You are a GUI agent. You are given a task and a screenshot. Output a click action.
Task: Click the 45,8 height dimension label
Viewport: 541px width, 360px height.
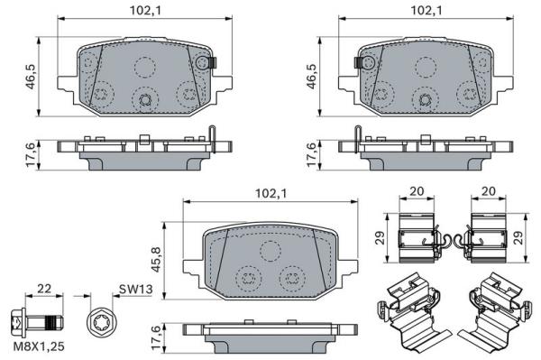(157, 259)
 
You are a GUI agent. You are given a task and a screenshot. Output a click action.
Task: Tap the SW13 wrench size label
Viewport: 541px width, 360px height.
(135, 290)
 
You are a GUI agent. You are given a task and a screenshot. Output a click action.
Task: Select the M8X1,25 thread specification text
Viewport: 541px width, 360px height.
(39, 346)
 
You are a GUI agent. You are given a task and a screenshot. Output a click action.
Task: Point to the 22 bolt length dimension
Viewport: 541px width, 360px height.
(44, 288)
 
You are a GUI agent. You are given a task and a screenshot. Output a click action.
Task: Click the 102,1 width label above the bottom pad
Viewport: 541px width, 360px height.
(270, 193)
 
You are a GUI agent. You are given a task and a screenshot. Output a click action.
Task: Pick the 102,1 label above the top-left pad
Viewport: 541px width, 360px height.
(145, 11)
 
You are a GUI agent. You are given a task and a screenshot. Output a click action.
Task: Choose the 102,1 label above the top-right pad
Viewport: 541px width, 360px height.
(426, 11)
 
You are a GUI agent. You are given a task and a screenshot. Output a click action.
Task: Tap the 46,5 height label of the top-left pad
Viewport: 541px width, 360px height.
(32, 77)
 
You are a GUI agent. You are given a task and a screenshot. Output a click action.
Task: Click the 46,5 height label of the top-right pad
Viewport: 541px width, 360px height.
(312, 77)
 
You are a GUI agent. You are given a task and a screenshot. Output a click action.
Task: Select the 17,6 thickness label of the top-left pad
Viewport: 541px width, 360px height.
(31, 155)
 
